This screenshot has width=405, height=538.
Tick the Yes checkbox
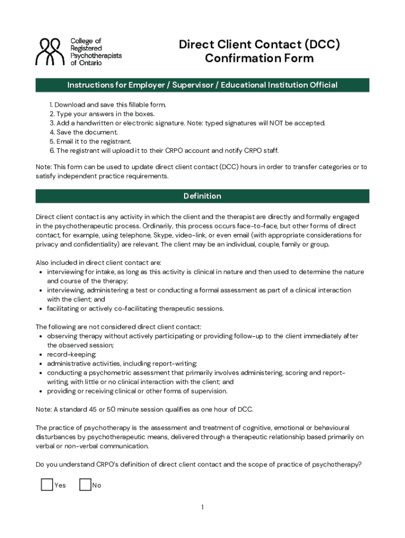click(x=47, y=484)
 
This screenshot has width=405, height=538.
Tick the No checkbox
click(x=85, y=484)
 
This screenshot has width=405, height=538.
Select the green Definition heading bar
click(x=202, y=196)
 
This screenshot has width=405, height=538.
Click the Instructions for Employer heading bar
click(x=202, y=85)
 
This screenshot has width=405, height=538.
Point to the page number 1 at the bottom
click(x=202, y=507)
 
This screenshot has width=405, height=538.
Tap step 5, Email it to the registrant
click(x=90, y=141)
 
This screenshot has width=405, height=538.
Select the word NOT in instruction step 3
click(x=277, y=123)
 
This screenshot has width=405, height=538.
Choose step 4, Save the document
click(x=84, y=132)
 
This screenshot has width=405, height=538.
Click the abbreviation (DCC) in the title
click(x=317, y=45)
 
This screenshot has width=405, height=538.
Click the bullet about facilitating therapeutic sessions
click(x=135, y=308)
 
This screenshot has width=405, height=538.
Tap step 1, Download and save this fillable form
click(x=108, y=105)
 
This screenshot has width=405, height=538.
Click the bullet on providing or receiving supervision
click(x=137, y=391)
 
